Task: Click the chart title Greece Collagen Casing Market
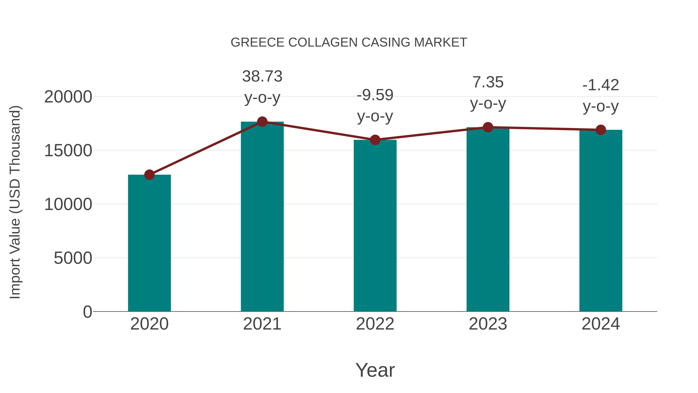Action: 349,43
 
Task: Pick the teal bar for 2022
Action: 375,225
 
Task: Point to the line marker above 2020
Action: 149,175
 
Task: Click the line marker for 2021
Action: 262,122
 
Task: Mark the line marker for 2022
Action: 375,140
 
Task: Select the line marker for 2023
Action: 488,127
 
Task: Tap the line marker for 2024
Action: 601,130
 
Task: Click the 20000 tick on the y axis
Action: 68,97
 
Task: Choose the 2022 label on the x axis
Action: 375,324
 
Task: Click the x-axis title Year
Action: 375,370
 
